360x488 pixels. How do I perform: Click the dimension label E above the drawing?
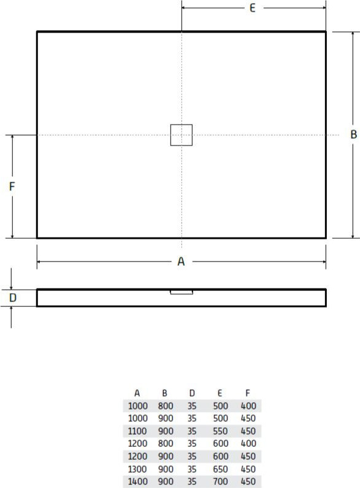[253, 8]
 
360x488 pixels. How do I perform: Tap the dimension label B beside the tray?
[353, 134]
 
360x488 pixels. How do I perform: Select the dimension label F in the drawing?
[12, 187]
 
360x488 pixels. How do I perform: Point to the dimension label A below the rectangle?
[181, 261]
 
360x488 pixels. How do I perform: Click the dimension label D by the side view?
[13, 298]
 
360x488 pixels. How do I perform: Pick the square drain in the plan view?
[182, 135]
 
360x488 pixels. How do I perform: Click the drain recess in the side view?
[182, 292]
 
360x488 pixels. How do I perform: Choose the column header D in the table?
[192, 393]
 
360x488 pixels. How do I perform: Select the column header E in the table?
[220, 393]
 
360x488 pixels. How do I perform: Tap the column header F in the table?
[247, 393]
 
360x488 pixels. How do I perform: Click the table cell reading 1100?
[137, 431]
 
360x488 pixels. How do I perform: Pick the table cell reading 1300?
[138, 469]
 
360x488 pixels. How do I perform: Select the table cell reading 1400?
[138, 481]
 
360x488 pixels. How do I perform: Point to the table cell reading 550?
[220, 431]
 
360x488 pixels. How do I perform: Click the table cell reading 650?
[220, 469]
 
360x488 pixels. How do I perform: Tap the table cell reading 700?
[220, 481]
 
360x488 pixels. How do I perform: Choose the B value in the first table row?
[166, 406]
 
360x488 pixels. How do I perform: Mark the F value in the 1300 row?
[248, 469]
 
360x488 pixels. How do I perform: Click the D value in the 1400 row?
[192, 481]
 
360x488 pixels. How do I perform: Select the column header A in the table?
[137, 393]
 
